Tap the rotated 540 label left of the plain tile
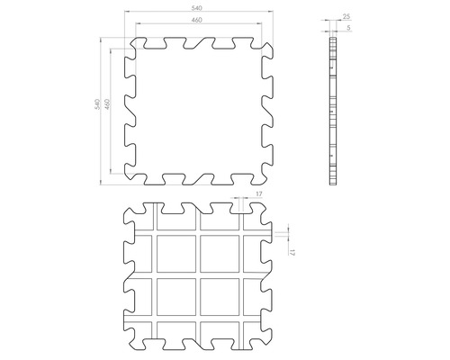(x=97, y=106)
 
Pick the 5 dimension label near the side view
(x=347, y=30)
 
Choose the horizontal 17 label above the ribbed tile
(x=259, y=193)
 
